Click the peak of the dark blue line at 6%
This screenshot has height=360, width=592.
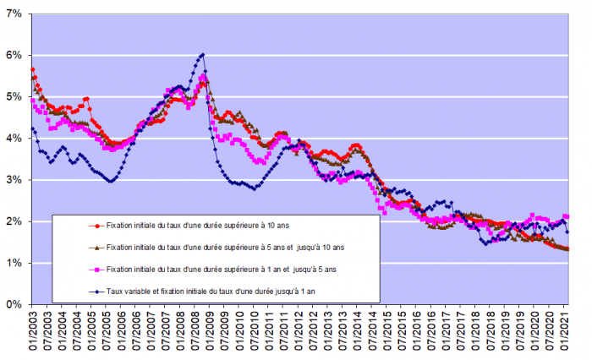[202, 55]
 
